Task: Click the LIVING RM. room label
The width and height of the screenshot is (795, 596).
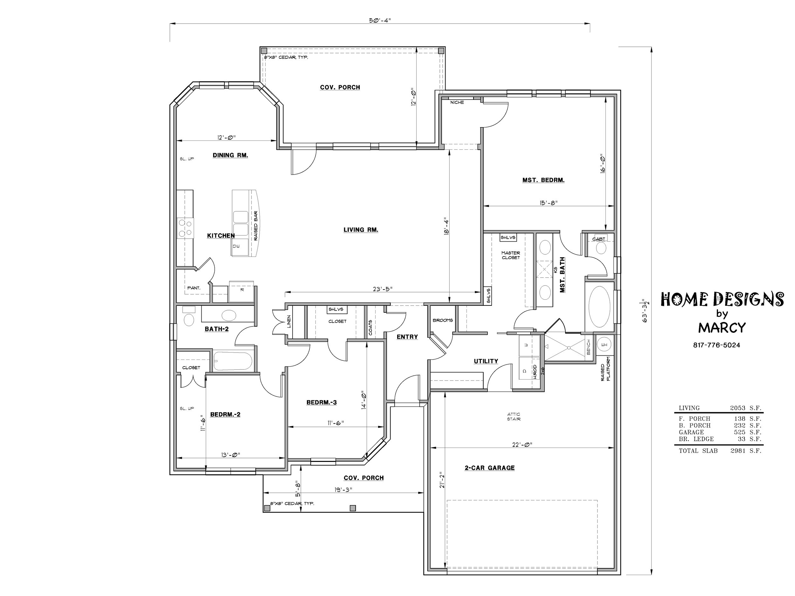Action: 361,230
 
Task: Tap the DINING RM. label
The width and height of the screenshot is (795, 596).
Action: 230,155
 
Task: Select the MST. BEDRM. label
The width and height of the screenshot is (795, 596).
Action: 543,180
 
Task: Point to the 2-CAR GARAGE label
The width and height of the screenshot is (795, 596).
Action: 489,468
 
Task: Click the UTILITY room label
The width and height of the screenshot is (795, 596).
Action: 486,361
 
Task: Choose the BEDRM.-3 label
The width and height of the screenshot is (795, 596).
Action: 322,402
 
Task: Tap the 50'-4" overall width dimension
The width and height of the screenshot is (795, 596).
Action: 380,20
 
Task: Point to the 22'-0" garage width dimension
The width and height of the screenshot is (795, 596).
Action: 522,444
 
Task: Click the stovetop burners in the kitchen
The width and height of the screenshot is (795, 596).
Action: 185,228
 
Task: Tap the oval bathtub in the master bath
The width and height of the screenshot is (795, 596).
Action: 599,306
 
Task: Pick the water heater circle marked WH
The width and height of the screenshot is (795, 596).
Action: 604,345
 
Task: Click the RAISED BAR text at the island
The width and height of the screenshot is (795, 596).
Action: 256,226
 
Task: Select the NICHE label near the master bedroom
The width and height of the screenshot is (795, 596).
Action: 457,102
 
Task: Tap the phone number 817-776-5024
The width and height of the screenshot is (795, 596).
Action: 717,345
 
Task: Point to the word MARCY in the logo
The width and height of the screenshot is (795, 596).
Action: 722,328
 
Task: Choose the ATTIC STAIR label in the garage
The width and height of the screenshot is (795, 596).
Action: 514,417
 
